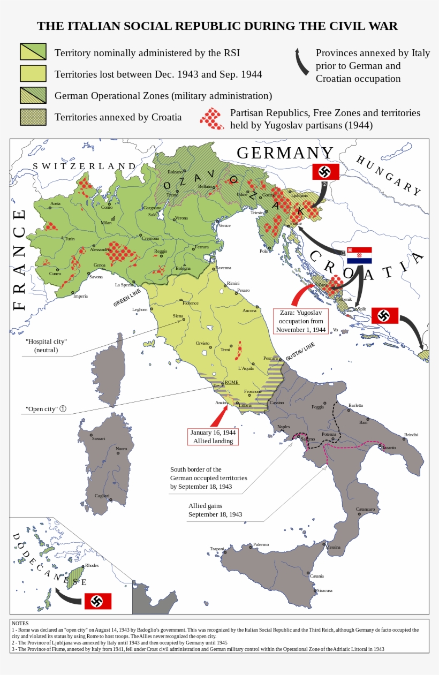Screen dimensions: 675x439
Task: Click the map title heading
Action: click(x=217, y=26)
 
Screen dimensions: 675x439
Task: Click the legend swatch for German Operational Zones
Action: click(x=33, y=95)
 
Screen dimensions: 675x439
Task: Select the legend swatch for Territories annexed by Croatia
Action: click(x=33, y=117)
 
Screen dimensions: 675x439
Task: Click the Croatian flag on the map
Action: click(x=359, y=255)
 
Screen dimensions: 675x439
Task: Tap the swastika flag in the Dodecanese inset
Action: click(x=98, y=601)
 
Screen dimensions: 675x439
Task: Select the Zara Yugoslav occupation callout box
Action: click(x=301, y=321)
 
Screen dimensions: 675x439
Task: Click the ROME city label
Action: click(x=231, y=382)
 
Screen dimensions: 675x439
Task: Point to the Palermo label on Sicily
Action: click(x=261, y=544)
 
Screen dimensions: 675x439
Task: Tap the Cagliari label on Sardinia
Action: click(x=102, y=496)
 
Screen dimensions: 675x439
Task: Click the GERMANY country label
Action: click(x=285, y=153)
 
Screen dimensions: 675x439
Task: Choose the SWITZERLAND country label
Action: click(x=84, y=166)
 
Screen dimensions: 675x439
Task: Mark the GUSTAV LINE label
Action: click(x=300, y=351)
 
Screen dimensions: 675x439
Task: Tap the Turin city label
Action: click(x=70, y=239)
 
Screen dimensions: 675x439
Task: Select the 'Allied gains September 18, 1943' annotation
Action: click(x=215, y=510)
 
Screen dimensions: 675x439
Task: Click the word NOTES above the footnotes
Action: click(x=20, y=623)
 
